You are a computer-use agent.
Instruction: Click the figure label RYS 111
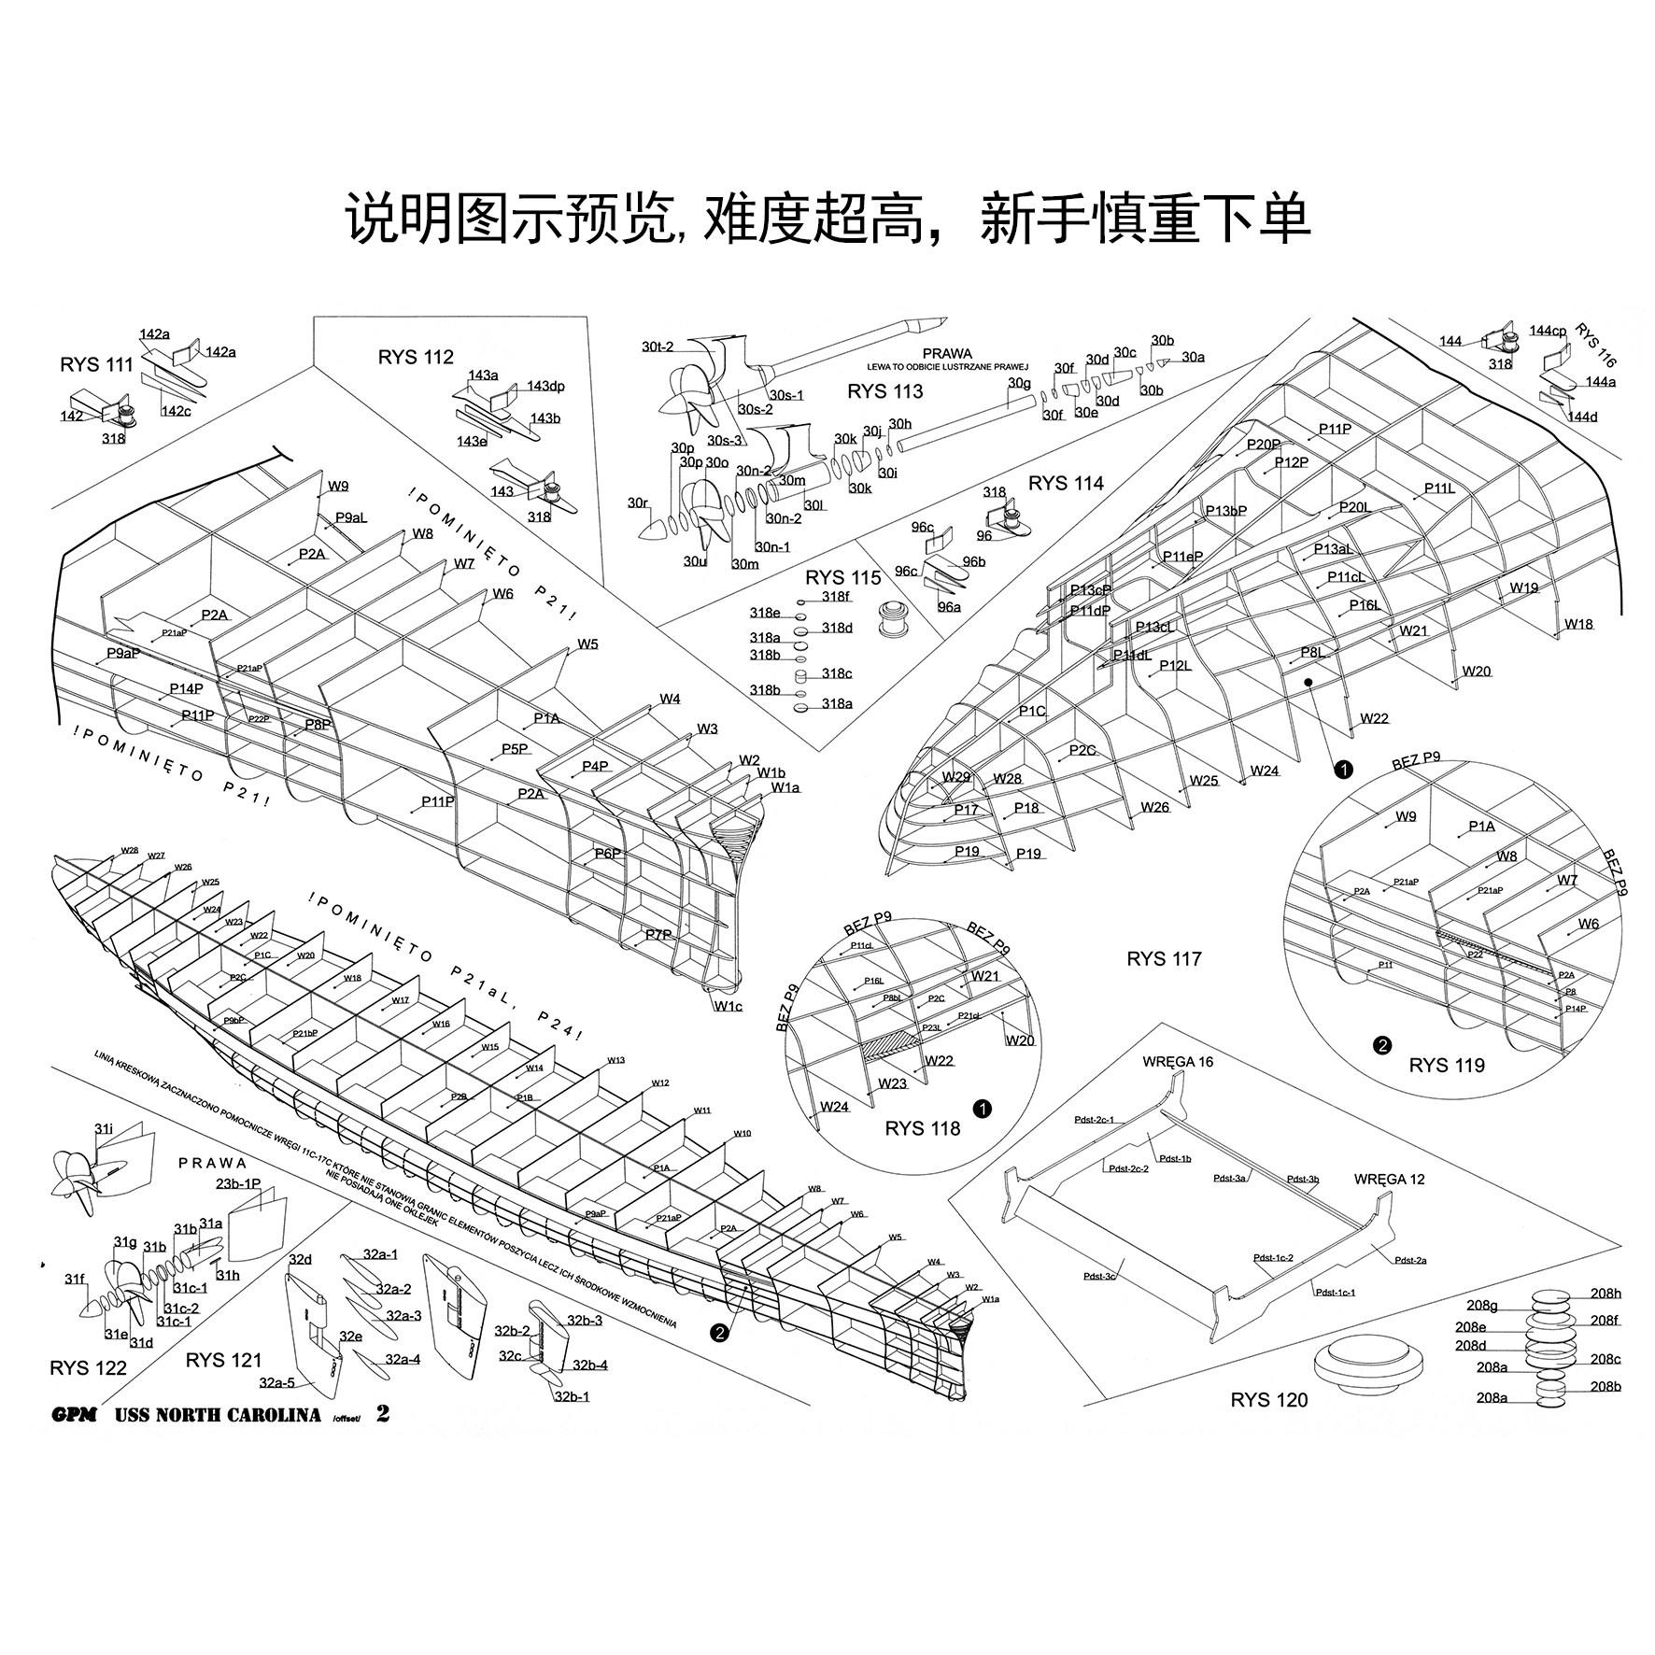click(97, 365)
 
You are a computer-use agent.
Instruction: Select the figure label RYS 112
click(416, 357)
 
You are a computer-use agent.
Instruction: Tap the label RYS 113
click(884, 391)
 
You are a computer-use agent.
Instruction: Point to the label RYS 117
click(1164, 959)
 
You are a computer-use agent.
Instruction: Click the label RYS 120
click(1269, 1400)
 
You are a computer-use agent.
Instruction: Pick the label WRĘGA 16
click(1178, 1062)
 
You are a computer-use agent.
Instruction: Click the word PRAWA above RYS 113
click(947, 355)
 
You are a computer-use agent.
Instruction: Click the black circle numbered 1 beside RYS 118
click(982, 1110)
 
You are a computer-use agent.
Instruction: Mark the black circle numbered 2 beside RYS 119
click(1382, 1046)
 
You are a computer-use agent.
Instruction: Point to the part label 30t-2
click(658, 347)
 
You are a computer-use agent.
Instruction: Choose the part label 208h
click(1605, 1294)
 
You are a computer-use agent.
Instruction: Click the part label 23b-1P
click(238, 1184)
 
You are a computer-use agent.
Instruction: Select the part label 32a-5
click(277, 1382)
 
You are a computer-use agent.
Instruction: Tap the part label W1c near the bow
click(728, 1006)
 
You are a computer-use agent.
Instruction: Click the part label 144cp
click(1548, 332)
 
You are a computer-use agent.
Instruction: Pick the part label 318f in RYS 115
click(836, 597)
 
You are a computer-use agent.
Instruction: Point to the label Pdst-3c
click(1099, 1276)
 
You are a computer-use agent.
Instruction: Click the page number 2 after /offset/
click(383, 1413)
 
